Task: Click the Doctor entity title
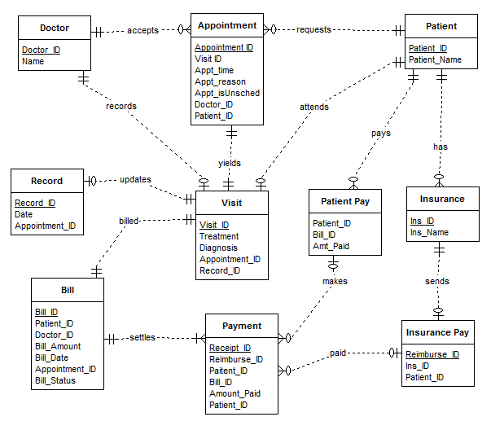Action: coord(54,28)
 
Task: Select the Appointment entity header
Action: coord(227,25)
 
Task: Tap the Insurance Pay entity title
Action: coord(439,332)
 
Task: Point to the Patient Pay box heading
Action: coord(344,201)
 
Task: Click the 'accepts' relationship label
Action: coord(142,30)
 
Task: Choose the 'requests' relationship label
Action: coord(313,29)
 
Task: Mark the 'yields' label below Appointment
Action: coord(229,163)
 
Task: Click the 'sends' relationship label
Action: coord(437,281)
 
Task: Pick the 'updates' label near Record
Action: coord(135,179)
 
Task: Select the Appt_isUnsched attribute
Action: coord(227,93)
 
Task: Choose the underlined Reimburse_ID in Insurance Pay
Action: coord(432,354)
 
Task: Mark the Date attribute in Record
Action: coord(24,214)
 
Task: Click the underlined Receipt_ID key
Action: coord(230,348)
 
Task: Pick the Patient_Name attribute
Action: coord(435,59)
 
